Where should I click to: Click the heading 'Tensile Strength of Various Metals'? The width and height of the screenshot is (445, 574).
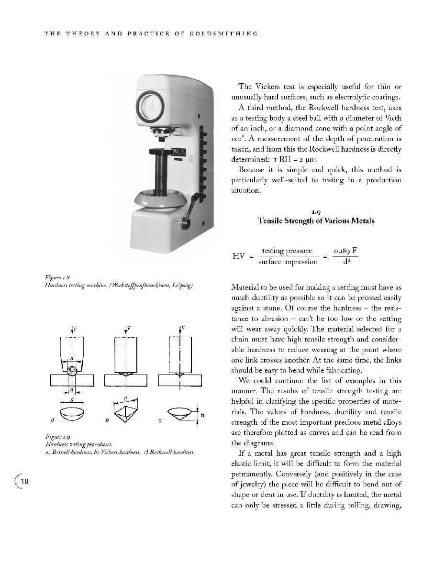coord(316,221)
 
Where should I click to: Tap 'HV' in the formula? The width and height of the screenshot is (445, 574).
coord(239,256)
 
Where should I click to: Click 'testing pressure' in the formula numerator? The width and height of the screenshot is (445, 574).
coord(287,251)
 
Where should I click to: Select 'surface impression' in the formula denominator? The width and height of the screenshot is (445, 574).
coord(288,262)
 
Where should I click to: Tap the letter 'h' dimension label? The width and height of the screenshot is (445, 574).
coord(202,415)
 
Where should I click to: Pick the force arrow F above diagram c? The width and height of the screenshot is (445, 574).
coord(180,330)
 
